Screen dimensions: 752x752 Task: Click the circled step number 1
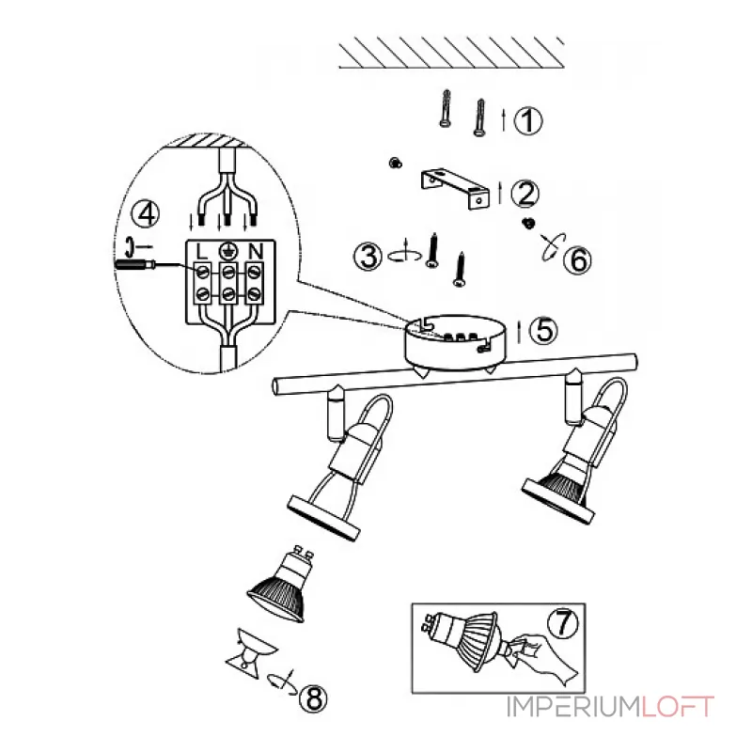click(x=528, y=120)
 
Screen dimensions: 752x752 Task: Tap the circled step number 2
click(x=525, y=193)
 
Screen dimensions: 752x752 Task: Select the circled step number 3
click(x=368, y=256)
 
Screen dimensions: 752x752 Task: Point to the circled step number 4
click(x=146, y=214)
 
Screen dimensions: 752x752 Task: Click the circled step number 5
click(x=544, y=331)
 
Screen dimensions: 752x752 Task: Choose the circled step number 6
click(x=577, y=260)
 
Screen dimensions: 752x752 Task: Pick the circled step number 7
click(x=563, y=623)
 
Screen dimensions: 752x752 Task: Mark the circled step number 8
click(x=313, y=697)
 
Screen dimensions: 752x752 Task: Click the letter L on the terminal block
click(x=202, y=251)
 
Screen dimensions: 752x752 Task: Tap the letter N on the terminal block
click(x=256, y=251)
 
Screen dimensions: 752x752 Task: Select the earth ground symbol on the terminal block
click(x=228, y=250)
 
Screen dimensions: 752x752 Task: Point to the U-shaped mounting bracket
click(x=456, y=188)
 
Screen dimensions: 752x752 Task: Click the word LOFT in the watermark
click(x=678, y=707)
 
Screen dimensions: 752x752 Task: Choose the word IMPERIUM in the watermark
click(x=573, y=707)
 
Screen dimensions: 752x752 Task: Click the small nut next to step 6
click(x=528, y=223)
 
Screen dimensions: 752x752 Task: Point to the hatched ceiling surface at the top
click(x=451, y=53)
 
